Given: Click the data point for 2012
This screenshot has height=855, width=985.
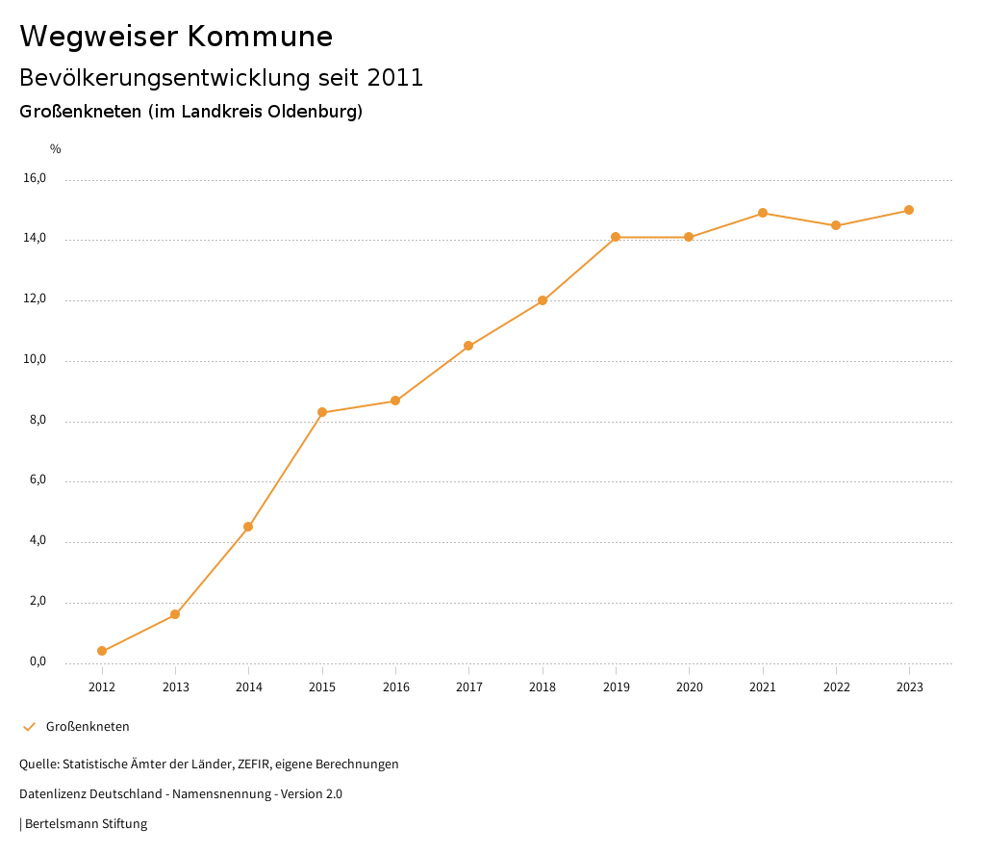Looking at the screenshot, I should pyautogui.click(x=102, y=651).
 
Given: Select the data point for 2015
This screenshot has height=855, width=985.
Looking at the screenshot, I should pyautogui.click(x=322, y=412).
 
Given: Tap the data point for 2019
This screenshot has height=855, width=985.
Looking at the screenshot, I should pyautogui.click(x=616, y=237).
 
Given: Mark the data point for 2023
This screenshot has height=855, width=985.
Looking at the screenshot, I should pyautogui.click(x=909, y=210).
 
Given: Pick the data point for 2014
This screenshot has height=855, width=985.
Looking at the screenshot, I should pyautogui.click(x=248, y=527).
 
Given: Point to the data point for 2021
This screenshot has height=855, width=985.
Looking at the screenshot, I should pyautogui.click(x=763, y=213).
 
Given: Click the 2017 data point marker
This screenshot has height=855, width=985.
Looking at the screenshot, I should pyautogui.click(x=468, y=346).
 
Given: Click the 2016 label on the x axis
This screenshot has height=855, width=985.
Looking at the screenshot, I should pyautogui.click(x=395, y=687).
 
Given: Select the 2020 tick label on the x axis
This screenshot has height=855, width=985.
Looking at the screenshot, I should pyautogui.click(x=689, y=687).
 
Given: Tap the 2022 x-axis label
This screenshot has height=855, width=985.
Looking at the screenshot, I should pyautogui.click(x=836, y=687).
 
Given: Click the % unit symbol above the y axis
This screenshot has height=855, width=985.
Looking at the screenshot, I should pyautogui.click(x=56, y=149).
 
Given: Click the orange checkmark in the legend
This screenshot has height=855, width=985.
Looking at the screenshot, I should pyautogui.click(x=29, y=727).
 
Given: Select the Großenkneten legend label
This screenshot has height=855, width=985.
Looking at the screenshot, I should pyautogui.click(x=88, y=727).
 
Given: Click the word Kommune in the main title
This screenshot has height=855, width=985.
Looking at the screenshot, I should pyautogui.click(x=260, y=37).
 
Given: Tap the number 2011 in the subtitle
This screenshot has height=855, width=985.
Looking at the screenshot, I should pyautogui.click(x=394, y=78).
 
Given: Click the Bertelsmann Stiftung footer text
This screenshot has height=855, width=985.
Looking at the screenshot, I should pyautogui.click(x=86, y=824).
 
